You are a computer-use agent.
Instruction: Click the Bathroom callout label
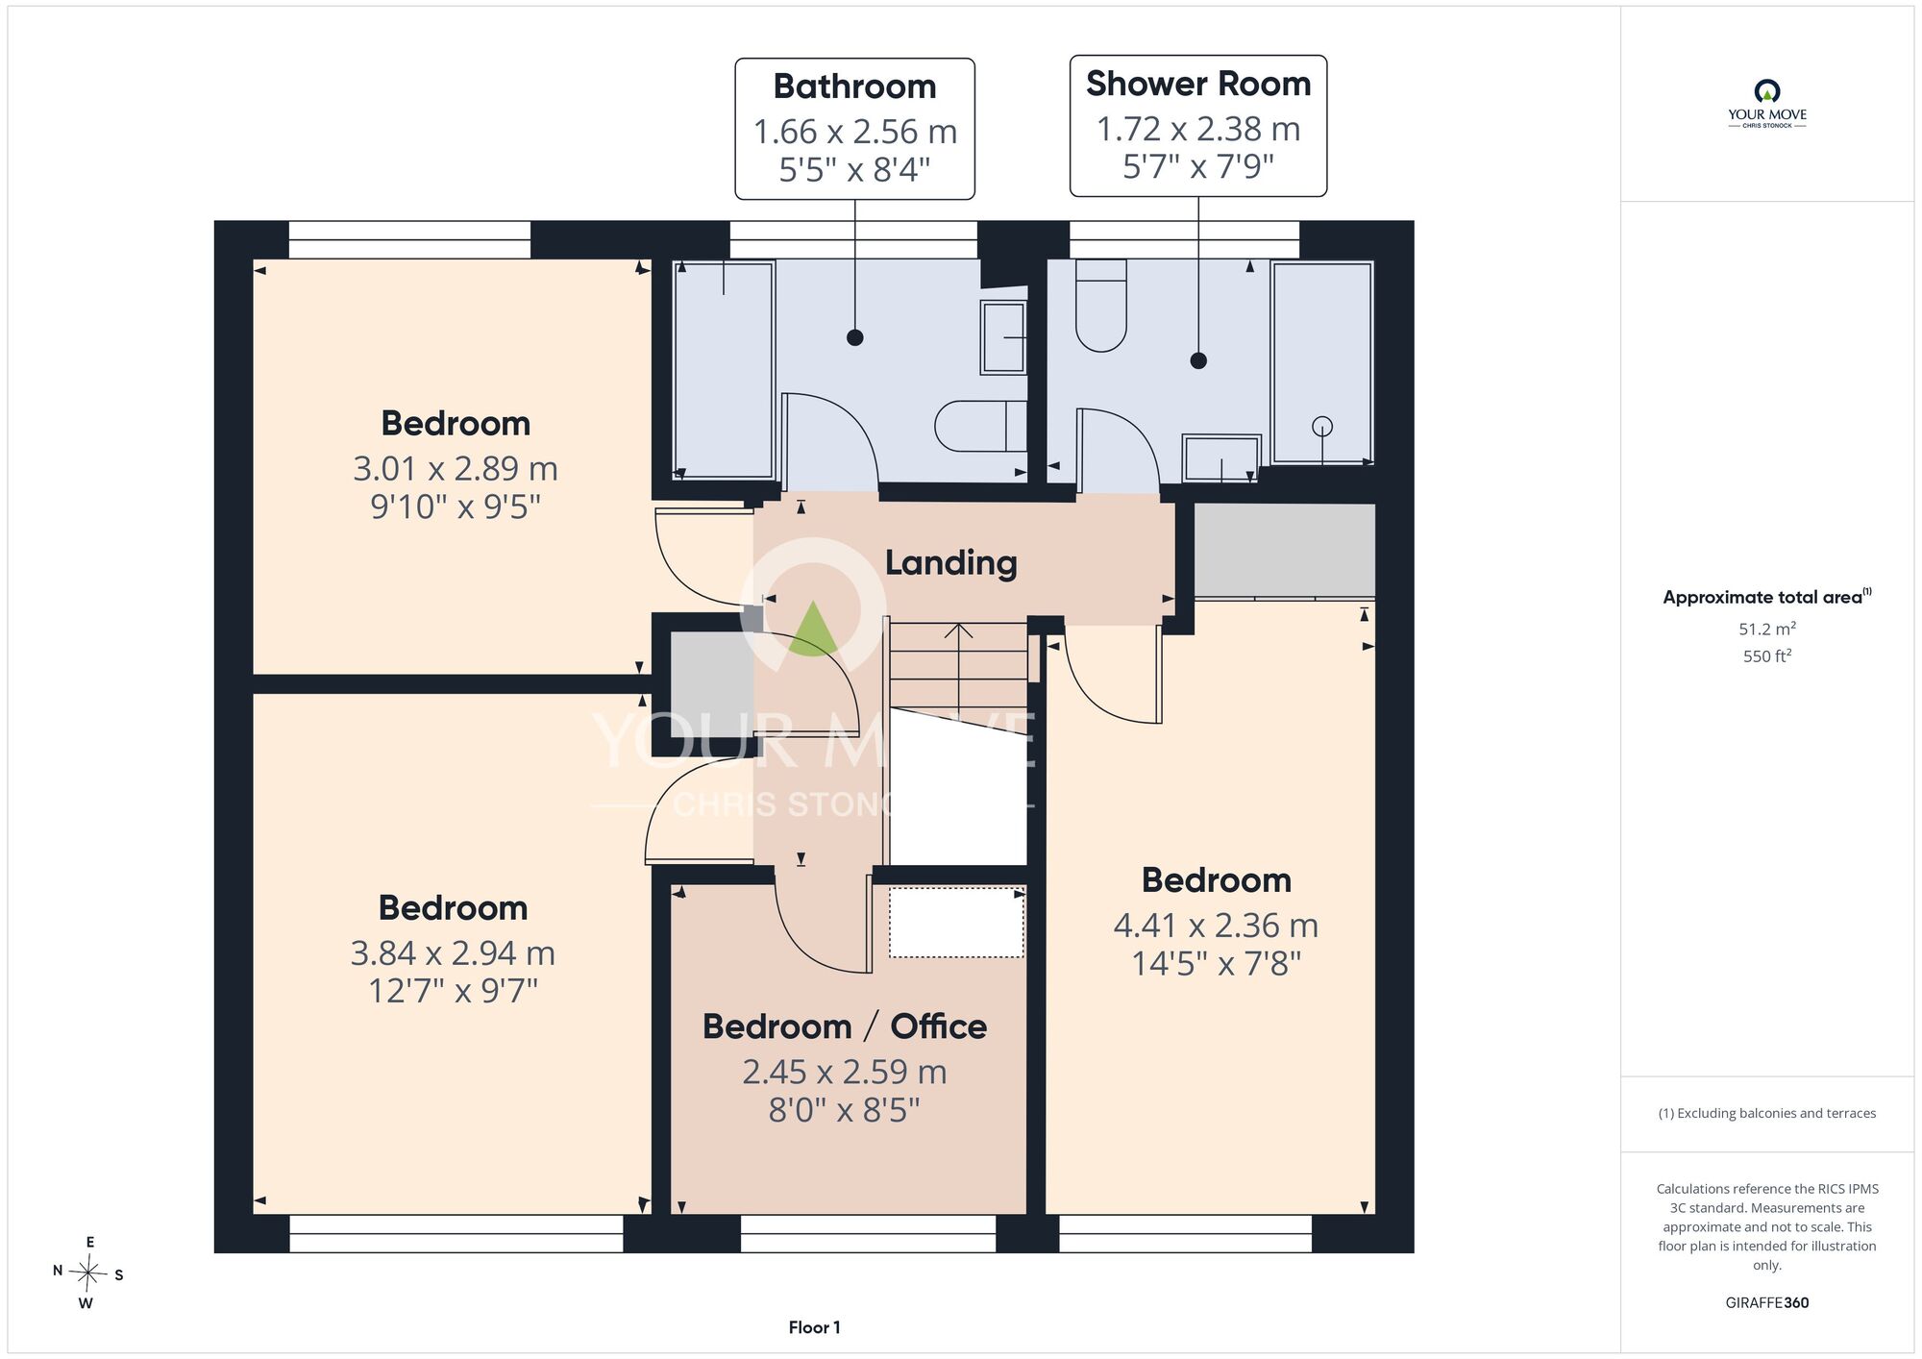pos(854,86)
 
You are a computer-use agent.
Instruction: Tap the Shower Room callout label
pos(1198,84)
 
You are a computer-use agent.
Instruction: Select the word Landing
pos(950,563)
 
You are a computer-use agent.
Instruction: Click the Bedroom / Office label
pos(845,1026)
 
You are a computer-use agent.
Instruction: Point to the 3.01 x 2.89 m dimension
pos(456,468)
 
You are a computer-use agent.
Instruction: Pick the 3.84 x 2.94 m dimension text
pos(453,952)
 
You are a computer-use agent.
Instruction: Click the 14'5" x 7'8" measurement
pos(1216,963)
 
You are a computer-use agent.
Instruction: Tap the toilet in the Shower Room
pos(1100,305)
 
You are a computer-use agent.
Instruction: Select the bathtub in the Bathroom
pos(724,370)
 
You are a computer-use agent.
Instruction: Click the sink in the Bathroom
pos(1003,337)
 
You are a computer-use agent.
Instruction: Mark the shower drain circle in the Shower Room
pos(1322,426)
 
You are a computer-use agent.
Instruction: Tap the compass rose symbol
pos(87,1274)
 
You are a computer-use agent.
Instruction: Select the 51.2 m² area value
pos(1766,629)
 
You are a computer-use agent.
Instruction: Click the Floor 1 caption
pos(814,1327)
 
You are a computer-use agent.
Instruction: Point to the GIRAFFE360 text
pos(1766,1303)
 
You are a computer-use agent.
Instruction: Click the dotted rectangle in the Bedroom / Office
pos(956,923)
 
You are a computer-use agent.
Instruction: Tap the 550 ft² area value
pos(1766,655)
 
